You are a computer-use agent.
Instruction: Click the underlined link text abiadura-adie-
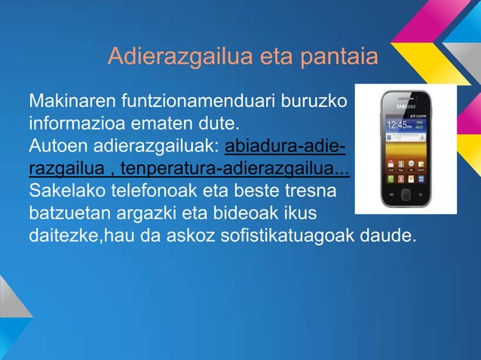pyautogui.click(x=281, y=143)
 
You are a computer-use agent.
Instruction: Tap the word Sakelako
pyautogui.click(x=61, y=187)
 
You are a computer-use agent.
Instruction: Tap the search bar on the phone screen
pyautogui.click(x=406, y=139)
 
